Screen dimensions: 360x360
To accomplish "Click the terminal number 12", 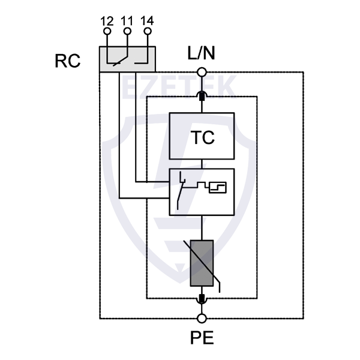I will (107, 22).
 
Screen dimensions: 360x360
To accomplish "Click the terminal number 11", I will (127, 22).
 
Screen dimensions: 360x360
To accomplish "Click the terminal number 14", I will (147, 22).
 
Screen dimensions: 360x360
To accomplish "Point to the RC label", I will (67, 61).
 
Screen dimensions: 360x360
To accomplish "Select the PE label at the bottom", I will (202, 338).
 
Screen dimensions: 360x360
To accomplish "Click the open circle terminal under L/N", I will (202, 73).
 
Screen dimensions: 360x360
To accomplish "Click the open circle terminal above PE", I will (202, 317).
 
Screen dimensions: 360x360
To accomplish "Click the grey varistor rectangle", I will (202, 263).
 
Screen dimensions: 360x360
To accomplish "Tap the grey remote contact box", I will (127, 59).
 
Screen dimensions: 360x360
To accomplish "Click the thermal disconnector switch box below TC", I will (202, 191).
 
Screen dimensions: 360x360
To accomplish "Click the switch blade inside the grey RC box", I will (117, 59).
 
